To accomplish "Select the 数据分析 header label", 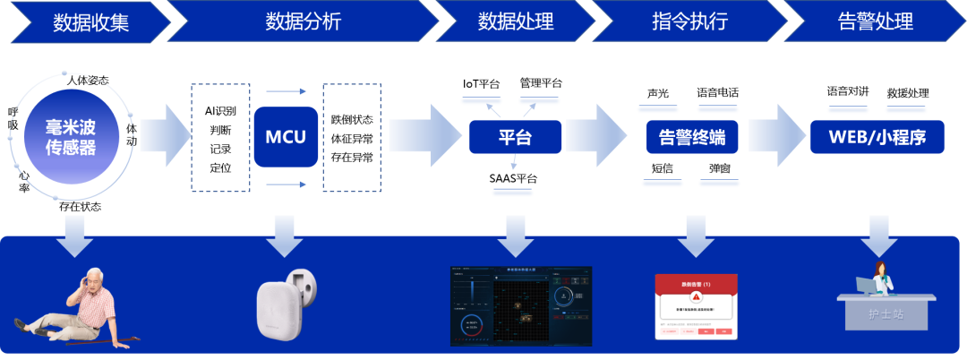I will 304,21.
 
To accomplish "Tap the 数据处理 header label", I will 516,21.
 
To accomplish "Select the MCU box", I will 286,137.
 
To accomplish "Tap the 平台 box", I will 515,137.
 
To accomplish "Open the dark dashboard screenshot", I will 521,305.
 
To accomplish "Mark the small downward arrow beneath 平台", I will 513,163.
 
